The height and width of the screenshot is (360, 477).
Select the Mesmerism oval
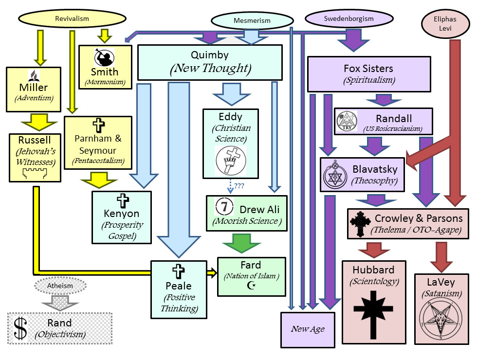pos(252,21)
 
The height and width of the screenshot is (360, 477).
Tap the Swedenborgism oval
pos(349,19)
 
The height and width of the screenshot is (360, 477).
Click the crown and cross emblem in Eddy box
pos(230,161)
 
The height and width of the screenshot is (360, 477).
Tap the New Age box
pos(308,329)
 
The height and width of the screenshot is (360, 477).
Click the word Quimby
pos(210,55)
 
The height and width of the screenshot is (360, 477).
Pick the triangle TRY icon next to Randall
pos(347,121)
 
